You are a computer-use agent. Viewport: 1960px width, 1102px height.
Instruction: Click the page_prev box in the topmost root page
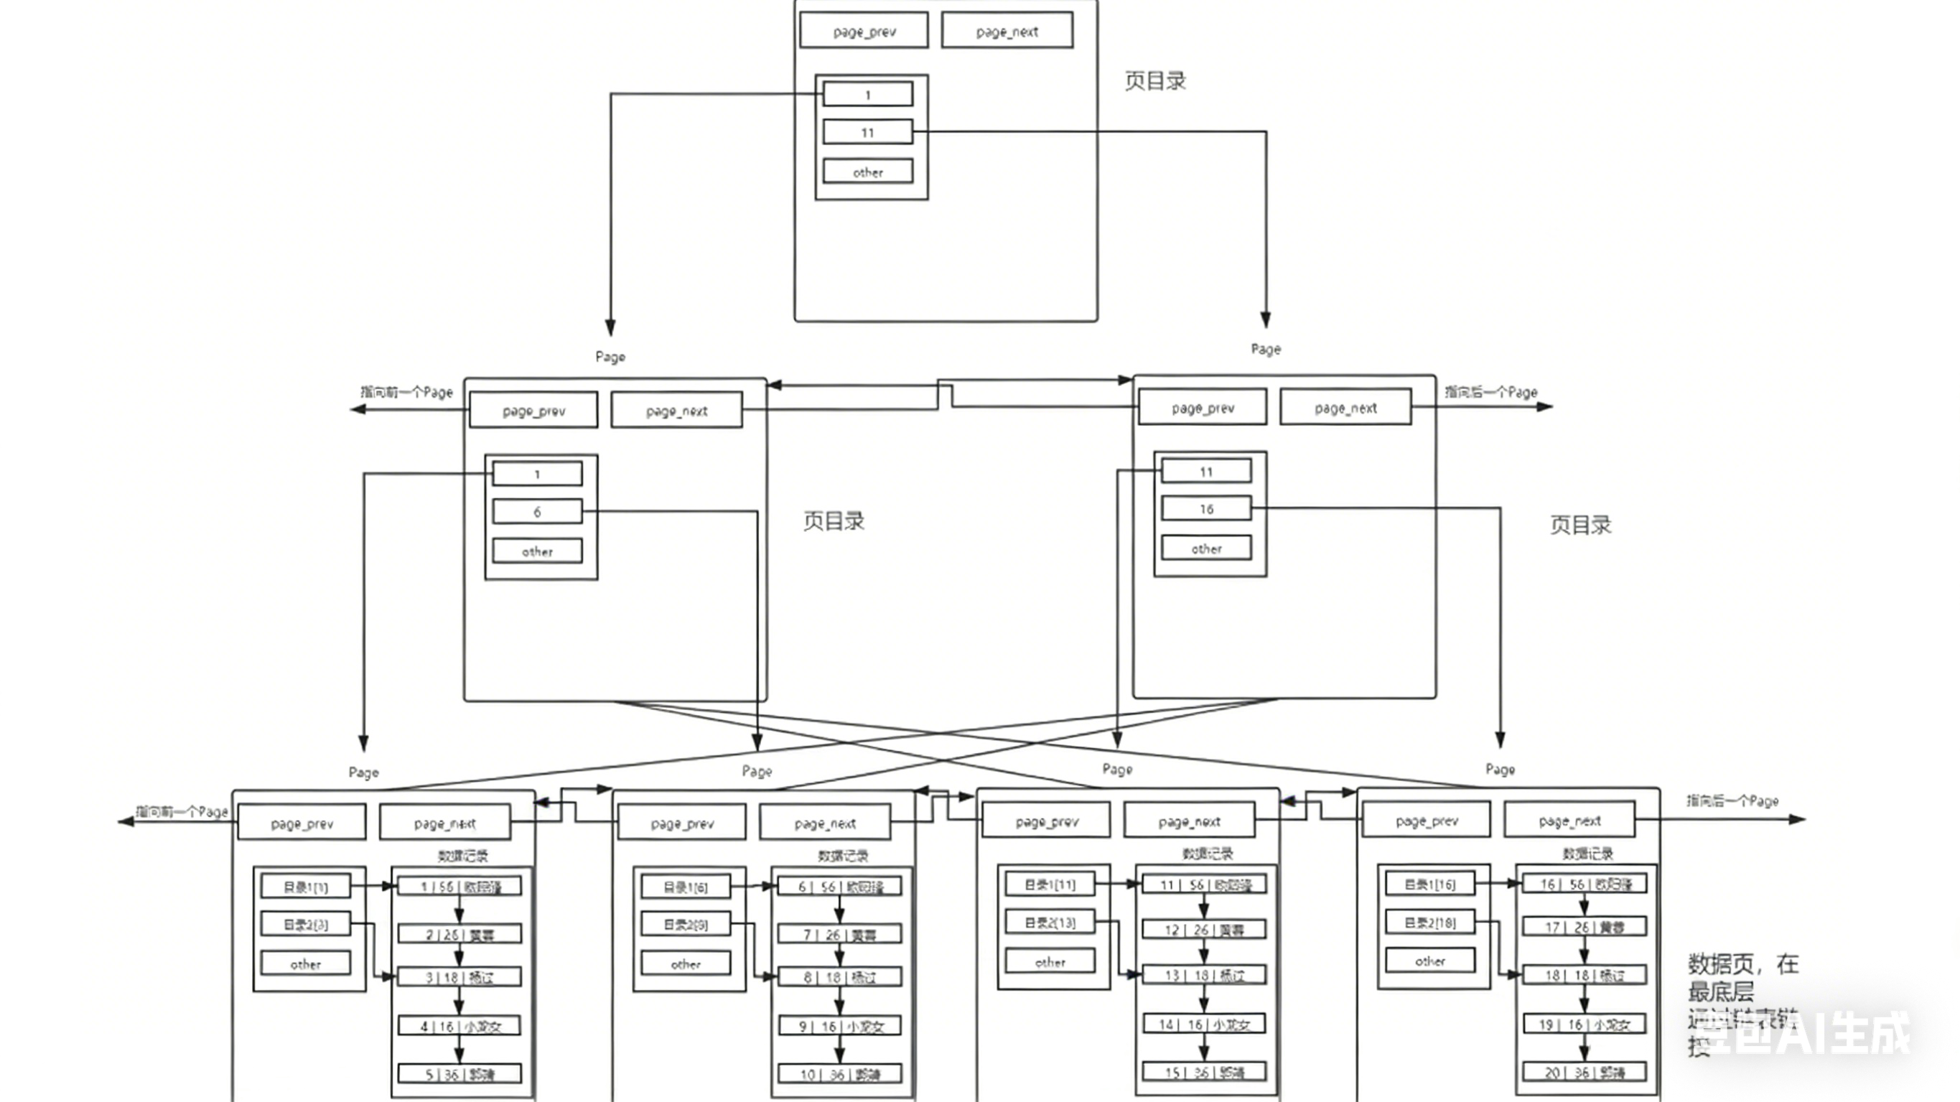tap(864, 30)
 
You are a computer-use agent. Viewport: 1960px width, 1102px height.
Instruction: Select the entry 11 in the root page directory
tap(867, 132)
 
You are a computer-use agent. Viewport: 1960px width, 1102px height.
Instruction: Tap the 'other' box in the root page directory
tap(867, 172)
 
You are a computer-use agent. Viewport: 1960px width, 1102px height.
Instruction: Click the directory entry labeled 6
tap(537, 511)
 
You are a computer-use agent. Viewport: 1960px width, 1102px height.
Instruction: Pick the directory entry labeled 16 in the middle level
tap(1206, 508)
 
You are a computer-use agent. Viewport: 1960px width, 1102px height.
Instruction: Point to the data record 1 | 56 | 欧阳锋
tap(459, 887)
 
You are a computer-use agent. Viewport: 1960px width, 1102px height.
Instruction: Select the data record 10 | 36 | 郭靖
tap(839, 1074)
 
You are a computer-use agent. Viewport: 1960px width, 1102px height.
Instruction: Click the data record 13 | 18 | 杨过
tap(1204, 975)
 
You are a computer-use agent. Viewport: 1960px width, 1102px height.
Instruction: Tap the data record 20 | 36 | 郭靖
tap(1584, 1073)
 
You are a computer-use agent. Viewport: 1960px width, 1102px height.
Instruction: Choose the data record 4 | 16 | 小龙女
tap(459, 1026)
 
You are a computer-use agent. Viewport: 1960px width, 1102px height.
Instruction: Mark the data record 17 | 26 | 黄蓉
tap(1584, 927)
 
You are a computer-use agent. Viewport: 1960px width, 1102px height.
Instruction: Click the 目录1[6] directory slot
tap(686, 887)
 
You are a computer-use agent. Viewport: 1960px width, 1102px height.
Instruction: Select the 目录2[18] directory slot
tap(1429, 923)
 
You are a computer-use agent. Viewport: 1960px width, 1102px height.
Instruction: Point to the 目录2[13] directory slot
tap(1050, 923)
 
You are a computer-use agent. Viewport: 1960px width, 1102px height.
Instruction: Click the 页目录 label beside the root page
tap(1155, 80)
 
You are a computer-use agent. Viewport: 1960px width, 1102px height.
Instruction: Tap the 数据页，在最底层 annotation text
tap(1742, 977)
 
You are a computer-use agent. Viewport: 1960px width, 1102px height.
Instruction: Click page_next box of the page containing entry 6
tap(676, 410)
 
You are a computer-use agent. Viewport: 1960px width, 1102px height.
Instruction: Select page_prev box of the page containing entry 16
tap(1202, 408)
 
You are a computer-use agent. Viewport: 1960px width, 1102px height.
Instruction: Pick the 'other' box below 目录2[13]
tap(1050, 962)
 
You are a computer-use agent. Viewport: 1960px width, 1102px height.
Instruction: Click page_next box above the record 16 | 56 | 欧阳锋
tap(1569, 821)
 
